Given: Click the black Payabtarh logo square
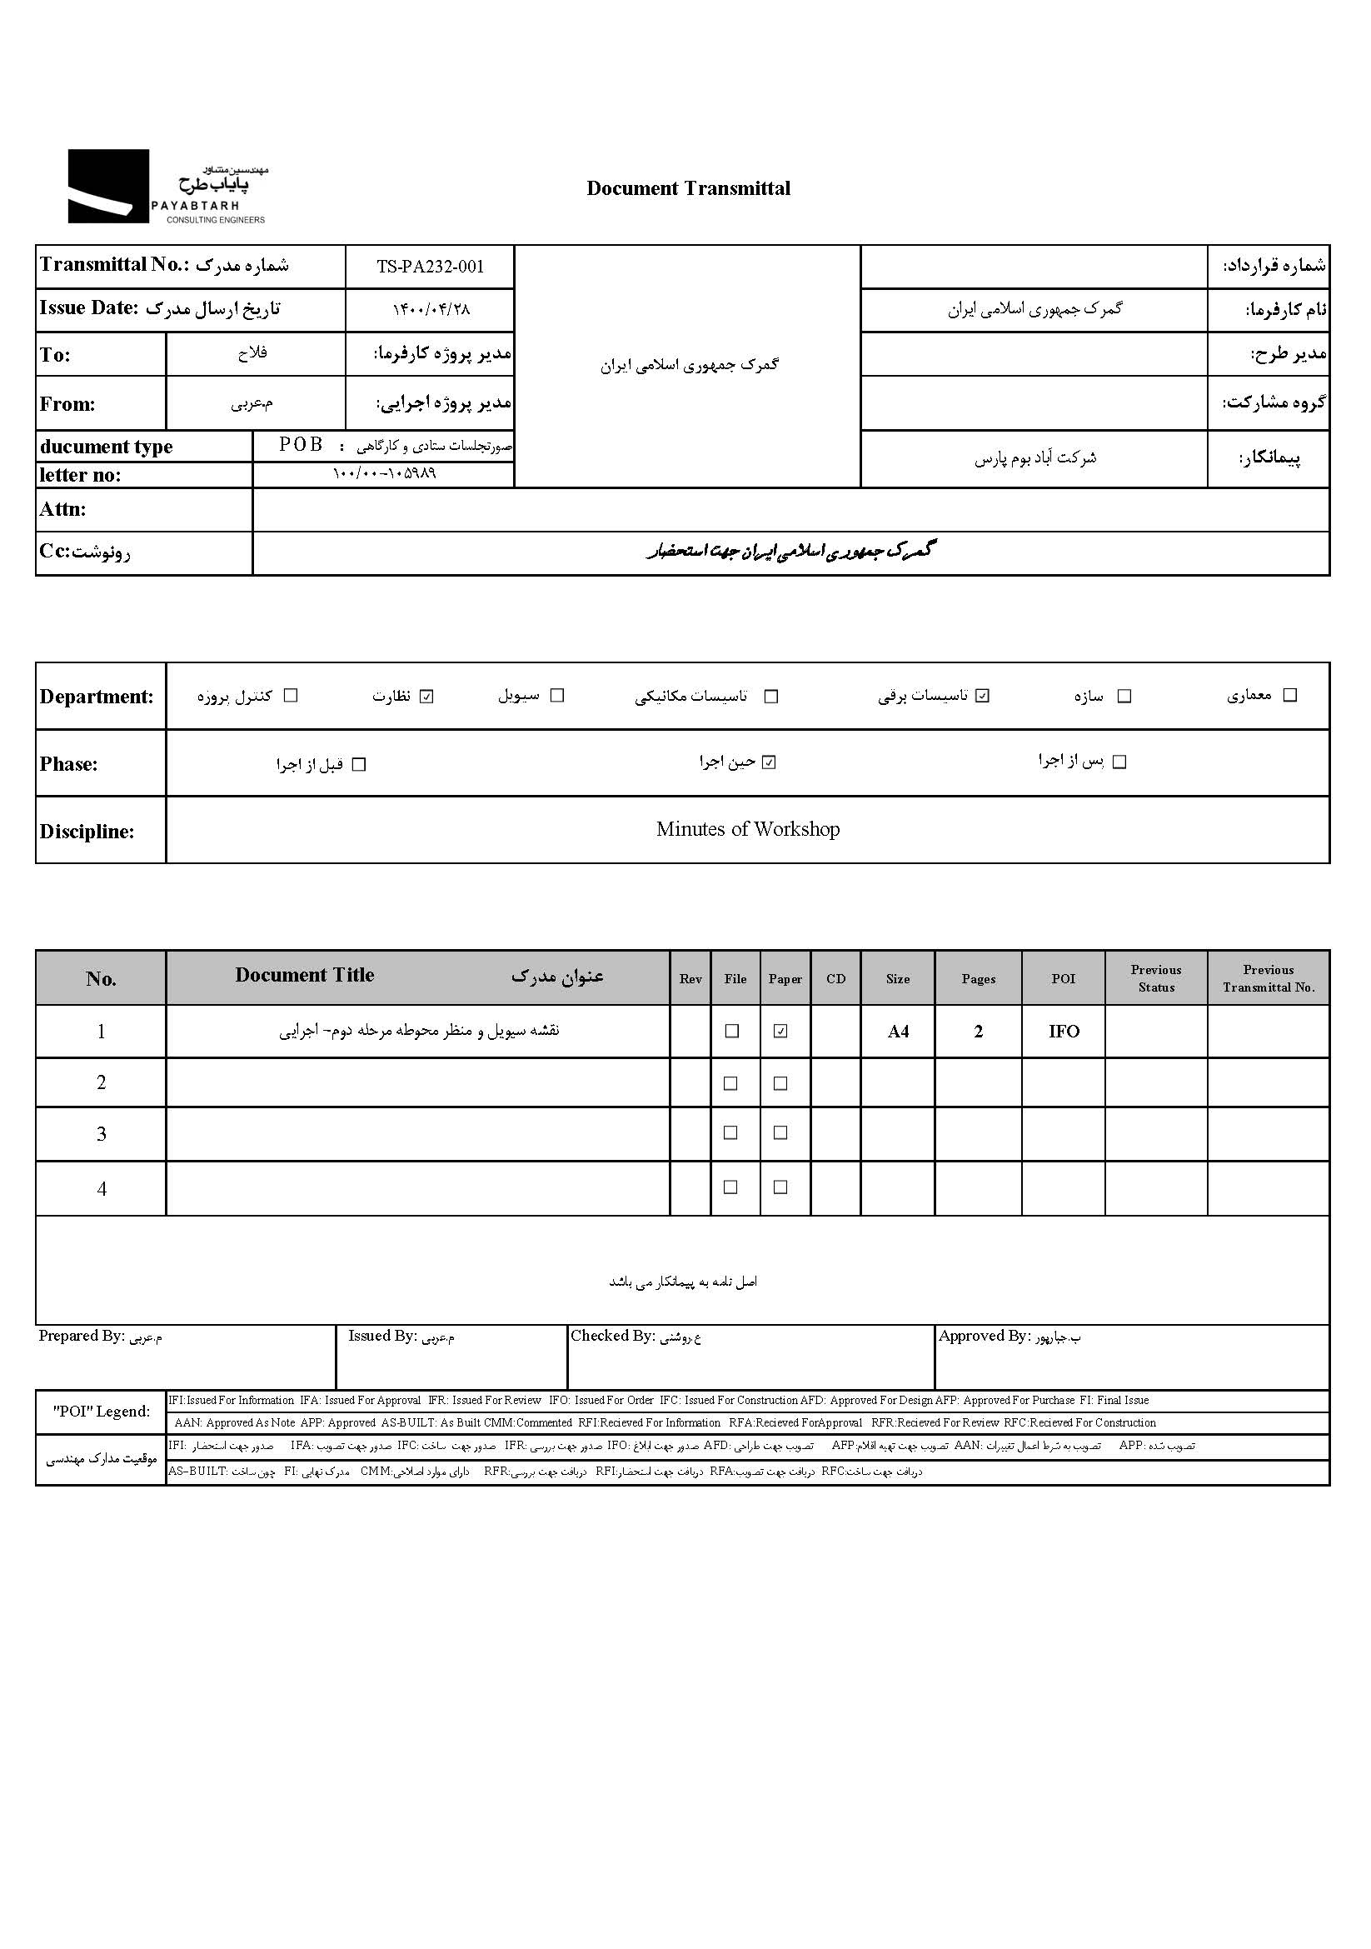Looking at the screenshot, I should point(107,186).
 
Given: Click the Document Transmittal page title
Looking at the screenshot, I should point(688,188).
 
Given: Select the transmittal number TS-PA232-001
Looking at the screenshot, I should point(430,267).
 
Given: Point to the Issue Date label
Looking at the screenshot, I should point(88,308).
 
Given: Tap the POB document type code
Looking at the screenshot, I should point(302,445).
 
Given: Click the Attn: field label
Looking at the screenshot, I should point(62,509).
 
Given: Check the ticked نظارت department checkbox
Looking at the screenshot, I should point(426,697).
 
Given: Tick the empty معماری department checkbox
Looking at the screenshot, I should point(1290,695).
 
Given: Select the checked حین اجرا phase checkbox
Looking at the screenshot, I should point(769,762).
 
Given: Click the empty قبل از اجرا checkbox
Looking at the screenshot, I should point(359,765).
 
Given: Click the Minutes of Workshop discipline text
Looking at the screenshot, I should point(747,829).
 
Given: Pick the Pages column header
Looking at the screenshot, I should point(978,979).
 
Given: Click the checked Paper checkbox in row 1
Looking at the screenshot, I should point(780,1032).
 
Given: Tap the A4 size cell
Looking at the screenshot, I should point(898,1032).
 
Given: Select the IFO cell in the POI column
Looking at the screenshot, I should point(1063,1032).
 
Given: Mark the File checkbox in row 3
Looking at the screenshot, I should point(730,1133).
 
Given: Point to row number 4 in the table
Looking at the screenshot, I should point(101,1188).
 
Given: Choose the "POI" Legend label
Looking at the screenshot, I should point(101,1412).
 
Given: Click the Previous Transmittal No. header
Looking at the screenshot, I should point(1269,979).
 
